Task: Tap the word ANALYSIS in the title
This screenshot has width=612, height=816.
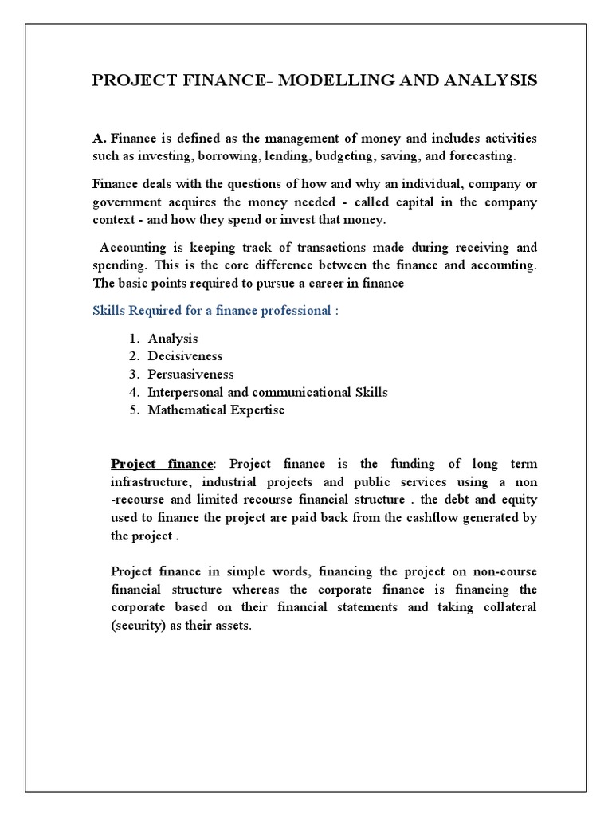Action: click(489, 80)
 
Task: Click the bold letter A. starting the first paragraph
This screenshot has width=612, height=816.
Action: click(100, 139)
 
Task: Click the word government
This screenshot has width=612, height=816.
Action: click(129, 202)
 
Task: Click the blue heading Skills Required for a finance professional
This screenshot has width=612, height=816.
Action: click(216, 311)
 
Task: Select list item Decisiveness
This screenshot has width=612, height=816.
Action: click(185, 356)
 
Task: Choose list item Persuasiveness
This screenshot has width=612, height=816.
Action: click(190, 374)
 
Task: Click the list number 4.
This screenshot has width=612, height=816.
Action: click(133, 392)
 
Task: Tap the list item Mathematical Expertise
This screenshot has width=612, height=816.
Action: click(215, 410)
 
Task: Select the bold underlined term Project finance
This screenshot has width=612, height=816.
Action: click(162, 464)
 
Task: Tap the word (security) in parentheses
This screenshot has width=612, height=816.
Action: click(138, 626)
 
